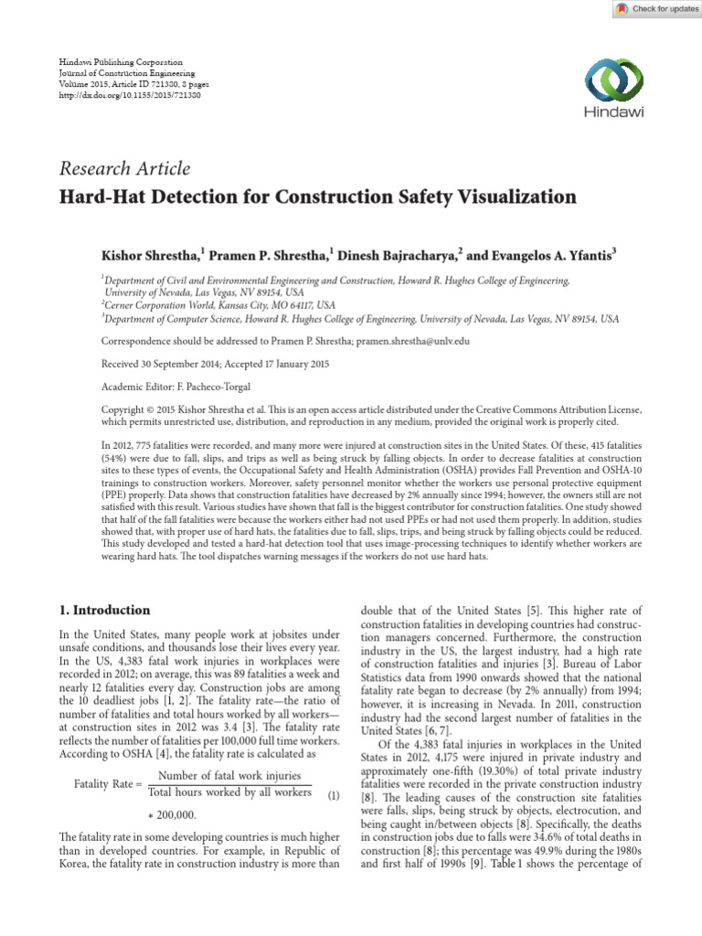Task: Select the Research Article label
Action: coord(125,168)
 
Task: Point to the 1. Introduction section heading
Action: coord(105,611)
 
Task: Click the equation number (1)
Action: coord(334,796)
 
